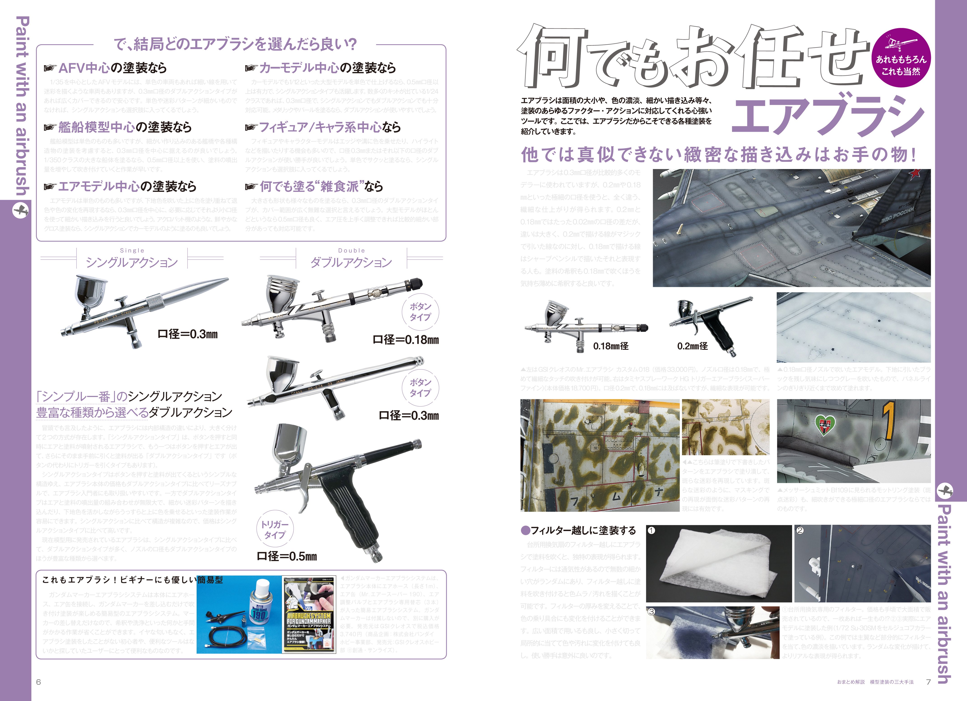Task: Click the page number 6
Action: tap(38, 682)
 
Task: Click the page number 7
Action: tap(928, 682)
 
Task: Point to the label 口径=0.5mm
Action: tap(287, 556)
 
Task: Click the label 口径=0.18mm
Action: tap(405, 340)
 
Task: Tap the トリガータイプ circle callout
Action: tap(274, 530)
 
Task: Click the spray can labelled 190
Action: tap(259, 606)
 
